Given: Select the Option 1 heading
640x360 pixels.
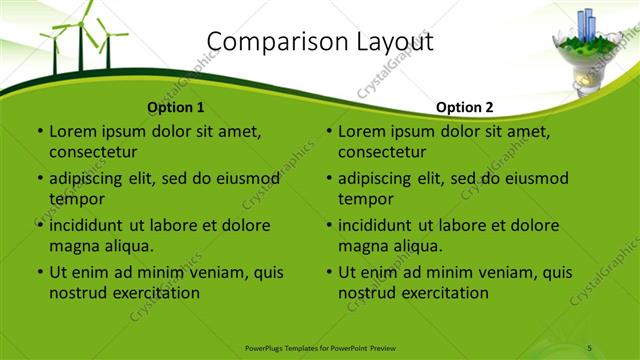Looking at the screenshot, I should click(x=176, y=107).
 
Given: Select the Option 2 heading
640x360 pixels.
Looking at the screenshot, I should click(x=465, y=107).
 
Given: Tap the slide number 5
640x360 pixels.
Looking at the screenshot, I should click(x=590, y=347).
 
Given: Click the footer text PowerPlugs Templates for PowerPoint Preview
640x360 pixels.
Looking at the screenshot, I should click(x=319, y=347).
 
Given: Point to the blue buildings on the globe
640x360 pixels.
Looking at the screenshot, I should click(x=584, y=24).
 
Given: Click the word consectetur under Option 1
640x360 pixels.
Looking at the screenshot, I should click(x=93, y=152).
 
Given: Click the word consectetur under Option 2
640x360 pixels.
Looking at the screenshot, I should click(x=382, y=152).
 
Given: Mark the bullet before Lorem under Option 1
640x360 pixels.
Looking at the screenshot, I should click(x=40, y=131).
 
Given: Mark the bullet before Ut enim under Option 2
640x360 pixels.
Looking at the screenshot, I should click(x=329, y=272).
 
